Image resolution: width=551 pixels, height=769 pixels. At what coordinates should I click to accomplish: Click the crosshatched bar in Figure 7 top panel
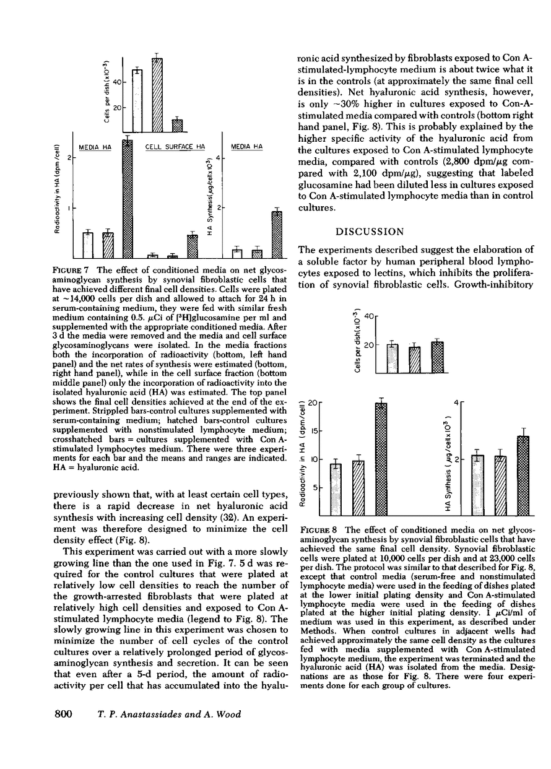tap(178, 126)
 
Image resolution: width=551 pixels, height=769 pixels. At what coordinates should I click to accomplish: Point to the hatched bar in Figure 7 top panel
tap(157, 95)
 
